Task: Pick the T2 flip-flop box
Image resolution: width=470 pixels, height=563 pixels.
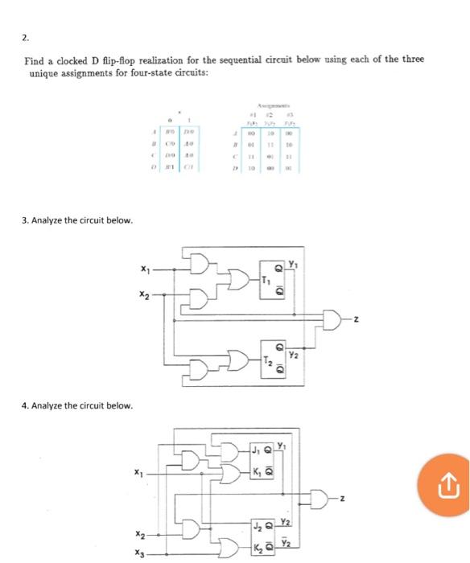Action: pyautogui.click(x=271, y=359)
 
